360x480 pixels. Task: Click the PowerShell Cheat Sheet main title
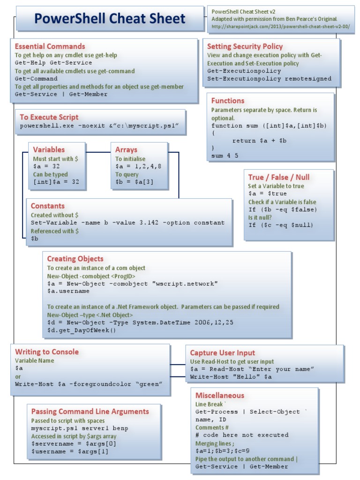click(x=110, y=19)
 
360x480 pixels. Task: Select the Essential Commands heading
click(x=50, y=46)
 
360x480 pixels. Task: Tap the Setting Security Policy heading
click(x=245, y=46)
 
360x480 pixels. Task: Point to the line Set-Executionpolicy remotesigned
click(x=269, y=79)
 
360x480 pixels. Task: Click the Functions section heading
click(x=228, y=101)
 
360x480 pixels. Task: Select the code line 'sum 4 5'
click(x=225, y=156)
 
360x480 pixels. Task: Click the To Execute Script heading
click(x=49, y=117)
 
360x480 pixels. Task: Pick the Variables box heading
click(x=49, y=150)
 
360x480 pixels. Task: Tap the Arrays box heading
click(x=126, y=150)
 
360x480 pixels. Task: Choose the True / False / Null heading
click(x=278, y=177)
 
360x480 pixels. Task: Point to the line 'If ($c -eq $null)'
click(x=280, y=225)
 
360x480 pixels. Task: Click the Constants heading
click(x=47, y=206)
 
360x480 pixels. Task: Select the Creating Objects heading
click(x=75, y=259)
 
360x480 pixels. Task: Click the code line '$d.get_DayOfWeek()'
click(x=81, y=330)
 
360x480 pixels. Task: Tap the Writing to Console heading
click(x=47, y=352)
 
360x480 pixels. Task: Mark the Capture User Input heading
click(x=223, y=353)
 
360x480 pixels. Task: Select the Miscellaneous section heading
click(x=219, y=396)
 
